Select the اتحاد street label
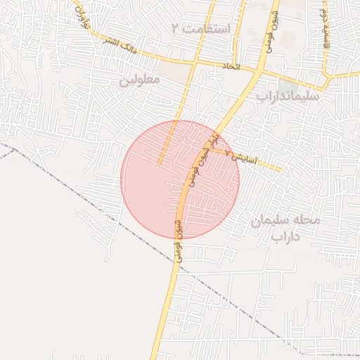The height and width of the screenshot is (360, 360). coord(231,66)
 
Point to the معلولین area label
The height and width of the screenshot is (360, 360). coord(139,80)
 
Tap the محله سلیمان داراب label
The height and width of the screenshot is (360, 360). coord(285,228)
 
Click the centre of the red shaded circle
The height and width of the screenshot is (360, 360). coord(180,179)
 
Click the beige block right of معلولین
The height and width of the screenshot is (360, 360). coord(174,70)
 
